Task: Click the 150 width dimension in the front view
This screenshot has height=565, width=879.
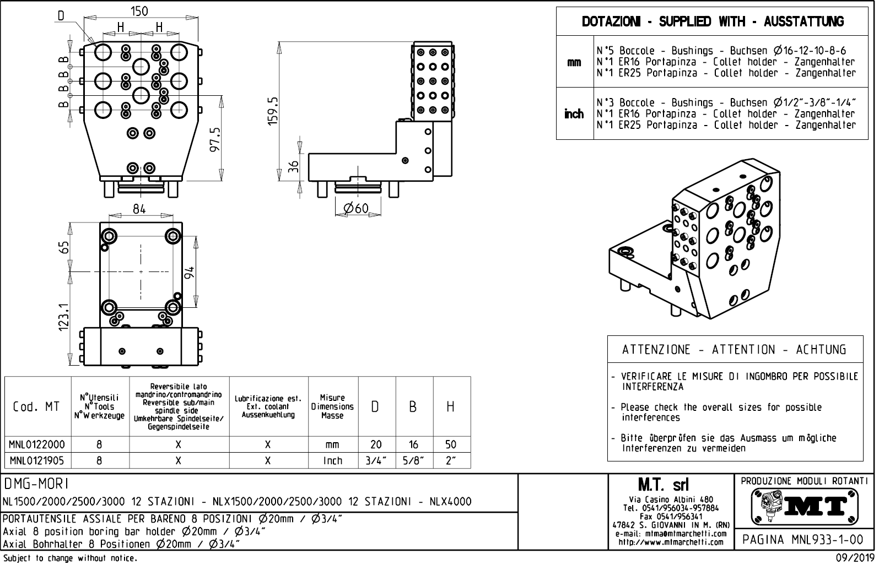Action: pos(139,11)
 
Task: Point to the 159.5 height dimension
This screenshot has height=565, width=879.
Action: pos(273,110)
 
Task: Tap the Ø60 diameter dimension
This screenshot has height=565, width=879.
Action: pos(355,208)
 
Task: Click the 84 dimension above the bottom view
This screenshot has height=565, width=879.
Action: pos(139,209)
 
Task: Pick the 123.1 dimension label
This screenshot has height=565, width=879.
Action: pos(64,318)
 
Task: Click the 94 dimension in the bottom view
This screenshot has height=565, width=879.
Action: pos(189,273)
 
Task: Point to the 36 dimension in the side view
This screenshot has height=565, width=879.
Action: pos(294,166)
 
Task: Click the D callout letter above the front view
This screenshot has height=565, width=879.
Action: pos(61,15)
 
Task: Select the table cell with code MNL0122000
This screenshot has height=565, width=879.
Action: pos(37,444)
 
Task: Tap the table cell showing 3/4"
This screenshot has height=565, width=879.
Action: pos(376,460)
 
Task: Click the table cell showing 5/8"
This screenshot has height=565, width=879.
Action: pos(413,460)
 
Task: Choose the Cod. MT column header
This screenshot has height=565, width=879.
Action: pos(36,407)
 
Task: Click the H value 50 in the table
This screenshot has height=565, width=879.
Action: pos(451,444)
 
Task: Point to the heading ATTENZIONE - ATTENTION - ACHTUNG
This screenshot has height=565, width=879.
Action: pos(734,350)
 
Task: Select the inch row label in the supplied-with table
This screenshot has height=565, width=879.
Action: pos(574,114)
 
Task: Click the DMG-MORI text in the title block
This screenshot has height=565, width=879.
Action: pos(36,483)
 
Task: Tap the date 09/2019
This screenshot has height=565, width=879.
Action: pos(850,557)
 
